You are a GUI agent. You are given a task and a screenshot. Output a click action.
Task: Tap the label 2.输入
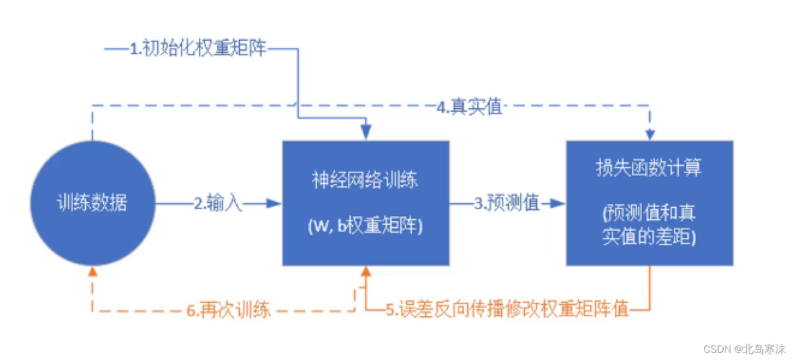218,204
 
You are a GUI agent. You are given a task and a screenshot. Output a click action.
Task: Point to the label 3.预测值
506,204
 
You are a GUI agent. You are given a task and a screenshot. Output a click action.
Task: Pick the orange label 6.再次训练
229,310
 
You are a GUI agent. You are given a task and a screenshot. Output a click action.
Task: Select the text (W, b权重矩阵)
366,227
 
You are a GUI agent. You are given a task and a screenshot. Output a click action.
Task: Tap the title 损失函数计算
649,168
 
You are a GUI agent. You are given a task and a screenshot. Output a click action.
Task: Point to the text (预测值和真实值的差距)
649,225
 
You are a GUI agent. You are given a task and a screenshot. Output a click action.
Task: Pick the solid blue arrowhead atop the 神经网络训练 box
366,133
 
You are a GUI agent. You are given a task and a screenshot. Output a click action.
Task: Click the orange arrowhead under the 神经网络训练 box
366,273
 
